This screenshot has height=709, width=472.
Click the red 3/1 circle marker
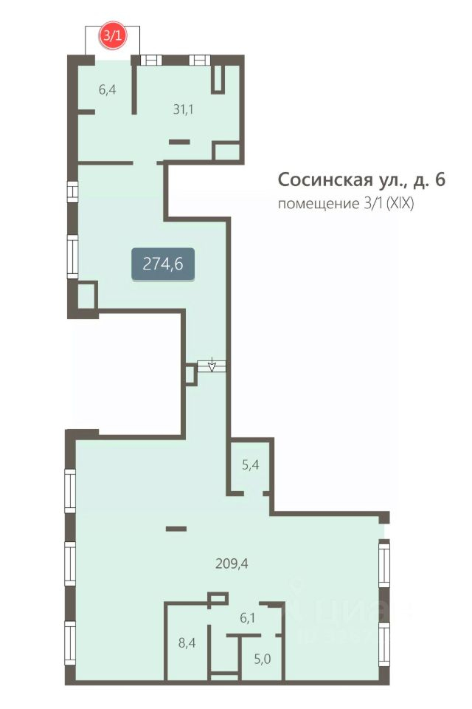[113, 35]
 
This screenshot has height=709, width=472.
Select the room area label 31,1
[183, 109]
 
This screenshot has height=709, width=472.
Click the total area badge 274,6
[163, 264]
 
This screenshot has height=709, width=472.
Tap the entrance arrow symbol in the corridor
[212, 365]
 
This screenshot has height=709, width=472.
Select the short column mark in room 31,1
[179, 141]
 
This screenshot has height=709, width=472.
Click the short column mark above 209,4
[176, 528]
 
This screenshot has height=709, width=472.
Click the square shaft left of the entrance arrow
[190, 375]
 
